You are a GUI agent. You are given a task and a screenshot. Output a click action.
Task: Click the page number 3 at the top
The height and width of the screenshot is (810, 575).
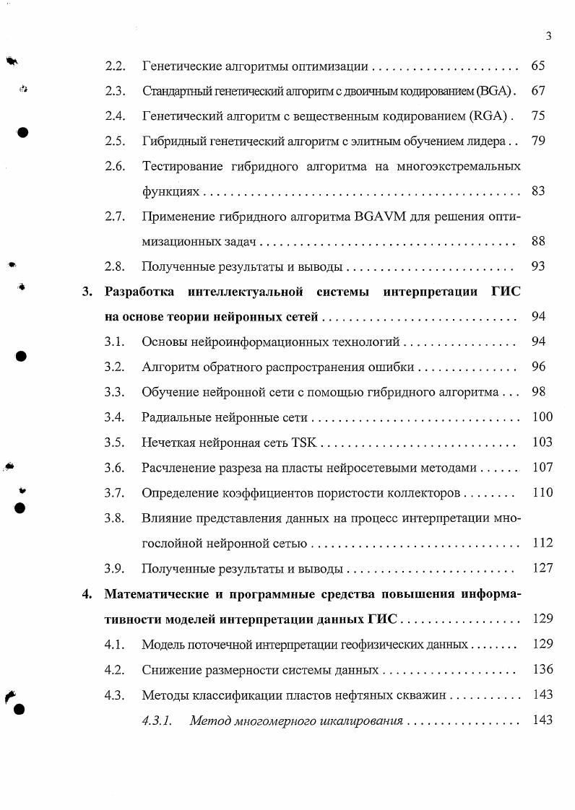pyautogui.click(x=549, y=36)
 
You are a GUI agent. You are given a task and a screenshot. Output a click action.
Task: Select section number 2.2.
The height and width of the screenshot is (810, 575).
pyautogui.click(x=116, y=66)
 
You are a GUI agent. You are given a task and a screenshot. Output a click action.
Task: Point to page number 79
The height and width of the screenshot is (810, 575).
pyautogui.click(x=538, y=141)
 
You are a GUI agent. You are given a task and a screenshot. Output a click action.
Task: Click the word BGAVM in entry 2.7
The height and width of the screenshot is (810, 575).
pyautogui.click(x=381, y=216)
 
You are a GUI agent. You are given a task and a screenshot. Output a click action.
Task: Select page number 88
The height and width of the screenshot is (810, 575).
pyautogui.click(x=538, y=241)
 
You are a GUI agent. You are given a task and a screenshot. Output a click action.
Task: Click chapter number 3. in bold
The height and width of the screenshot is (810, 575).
pyautogui.click(x=87, y=292)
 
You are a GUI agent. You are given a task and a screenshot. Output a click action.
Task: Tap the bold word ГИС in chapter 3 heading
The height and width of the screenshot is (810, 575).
pyautogui.click(x=506, y=292)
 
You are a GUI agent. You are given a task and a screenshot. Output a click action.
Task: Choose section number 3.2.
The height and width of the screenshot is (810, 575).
pyautogui.click(x=116, y=367)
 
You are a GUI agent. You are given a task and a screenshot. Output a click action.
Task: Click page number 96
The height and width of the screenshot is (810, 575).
pyautogui.click(x=538, y=367)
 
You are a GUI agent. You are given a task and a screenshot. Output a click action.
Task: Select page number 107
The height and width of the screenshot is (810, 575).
pyautogui.click(x=542, y=467)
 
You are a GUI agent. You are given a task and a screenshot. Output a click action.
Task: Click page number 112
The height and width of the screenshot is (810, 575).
pyautogui.click(x=542, y=543)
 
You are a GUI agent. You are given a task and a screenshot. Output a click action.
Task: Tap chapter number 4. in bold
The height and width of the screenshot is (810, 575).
pyautogui.click(x=87, y=595)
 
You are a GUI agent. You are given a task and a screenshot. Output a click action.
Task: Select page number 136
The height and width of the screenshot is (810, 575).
pyautogui.click(x=542, y=670)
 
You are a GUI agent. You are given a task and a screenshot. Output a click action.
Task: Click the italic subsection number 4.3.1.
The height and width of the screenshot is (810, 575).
pyautogui.click(x=157, y=720)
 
